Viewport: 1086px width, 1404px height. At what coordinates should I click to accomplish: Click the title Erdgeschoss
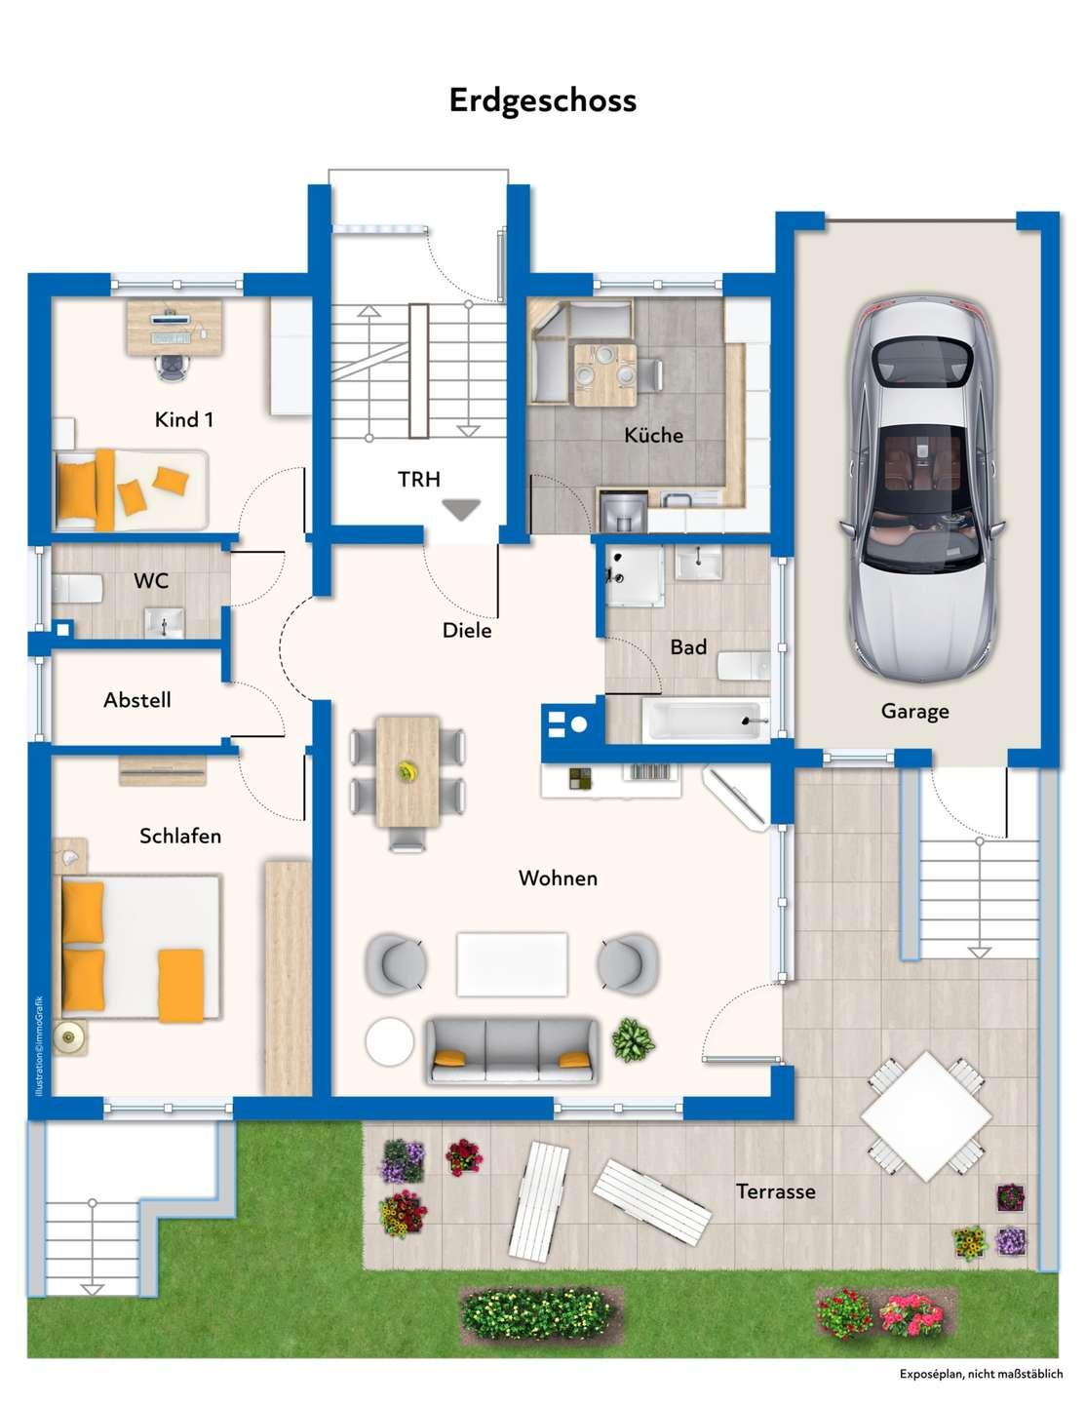click(542, 100)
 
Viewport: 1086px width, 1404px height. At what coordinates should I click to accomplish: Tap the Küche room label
click(653, 435)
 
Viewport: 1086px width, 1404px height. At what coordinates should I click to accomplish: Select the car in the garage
click(922, 488)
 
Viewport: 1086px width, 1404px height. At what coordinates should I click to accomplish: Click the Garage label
click(914, 712)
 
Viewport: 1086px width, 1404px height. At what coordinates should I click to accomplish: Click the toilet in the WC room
click(77, 589)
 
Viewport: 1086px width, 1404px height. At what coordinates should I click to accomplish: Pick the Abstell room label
click(136, 700)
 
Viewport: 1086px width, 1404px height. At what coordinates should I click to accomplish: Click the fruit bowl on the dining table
click(407, 771)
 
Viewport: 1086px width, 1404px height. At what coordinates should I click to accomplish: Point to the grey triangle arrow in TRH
click(461, 510)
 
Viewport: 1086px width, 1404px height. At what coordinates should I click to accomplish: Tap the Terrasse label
click(775, 1190)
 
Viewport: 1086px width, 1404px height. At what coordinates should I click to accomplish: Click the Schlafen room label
click(180, 837)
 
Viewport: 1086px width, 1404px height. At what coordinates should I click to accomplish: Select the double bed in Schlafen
click(140, 948)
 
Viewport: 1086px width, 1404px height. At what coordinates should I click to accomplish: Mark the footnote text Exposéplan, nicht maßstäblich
click(981, 1374)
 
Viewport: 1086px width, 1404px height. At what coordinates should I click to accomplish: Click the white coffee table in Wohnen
click(512, 964)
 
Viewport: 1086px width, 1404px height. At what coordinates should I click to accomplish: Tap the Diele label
click(466, 630)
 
